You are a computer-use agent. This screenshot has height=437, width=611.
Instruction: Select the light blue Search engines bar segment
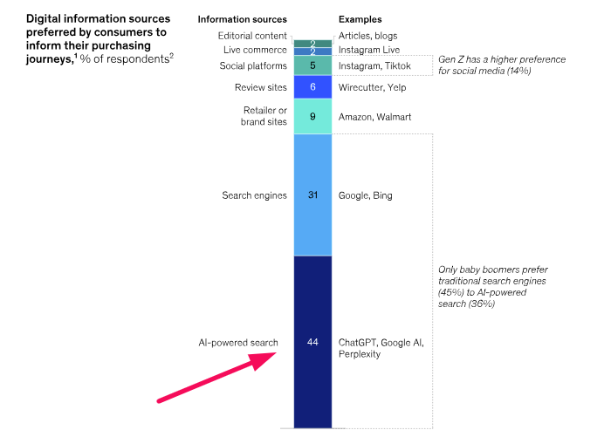click(312, 218)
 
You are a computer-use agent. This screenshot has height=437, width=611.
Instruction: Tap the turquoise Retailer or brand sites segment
click(312, 116)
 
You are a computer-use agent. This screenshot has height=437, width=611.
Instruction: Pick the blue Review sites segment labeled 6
click(312, 87)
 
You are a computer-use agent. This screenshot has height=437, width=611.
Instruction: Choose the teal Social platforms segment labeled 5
click(312, 65)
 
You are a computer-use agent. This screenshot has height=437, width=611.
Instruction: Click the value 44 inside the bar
click(312, 343)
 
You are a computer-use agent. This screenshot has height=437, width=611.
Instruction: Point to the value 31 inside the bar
click(312, 195)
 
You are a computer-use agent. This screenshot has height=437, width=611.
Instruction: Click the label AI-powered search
click(238, 343)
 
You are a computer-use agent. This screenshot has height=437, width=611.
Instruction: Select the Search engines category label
click(254, 195)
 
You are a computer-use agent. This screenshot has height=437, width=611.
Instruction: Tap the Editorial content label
click(251, 36)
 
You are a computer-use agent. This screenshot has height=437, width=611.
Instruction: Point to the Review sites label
click(261, 87)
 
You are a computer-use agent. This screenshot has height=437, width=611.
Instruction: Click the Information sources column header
click(242, 18)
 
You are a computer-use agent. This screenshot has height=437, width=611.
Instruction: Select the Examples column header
click(360, 18)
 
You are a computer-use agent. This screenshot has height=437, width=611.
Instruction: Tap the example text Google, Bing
click(366, 195)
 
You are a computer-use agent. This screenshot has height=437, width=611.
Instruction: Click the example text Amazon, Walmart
click(375, 116)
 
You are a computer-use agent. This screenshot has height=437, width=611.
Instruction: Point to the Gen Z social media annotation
click(502, 65)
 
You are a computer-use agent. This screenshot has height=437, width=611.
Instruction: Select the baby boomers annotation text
click(493, 288)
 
